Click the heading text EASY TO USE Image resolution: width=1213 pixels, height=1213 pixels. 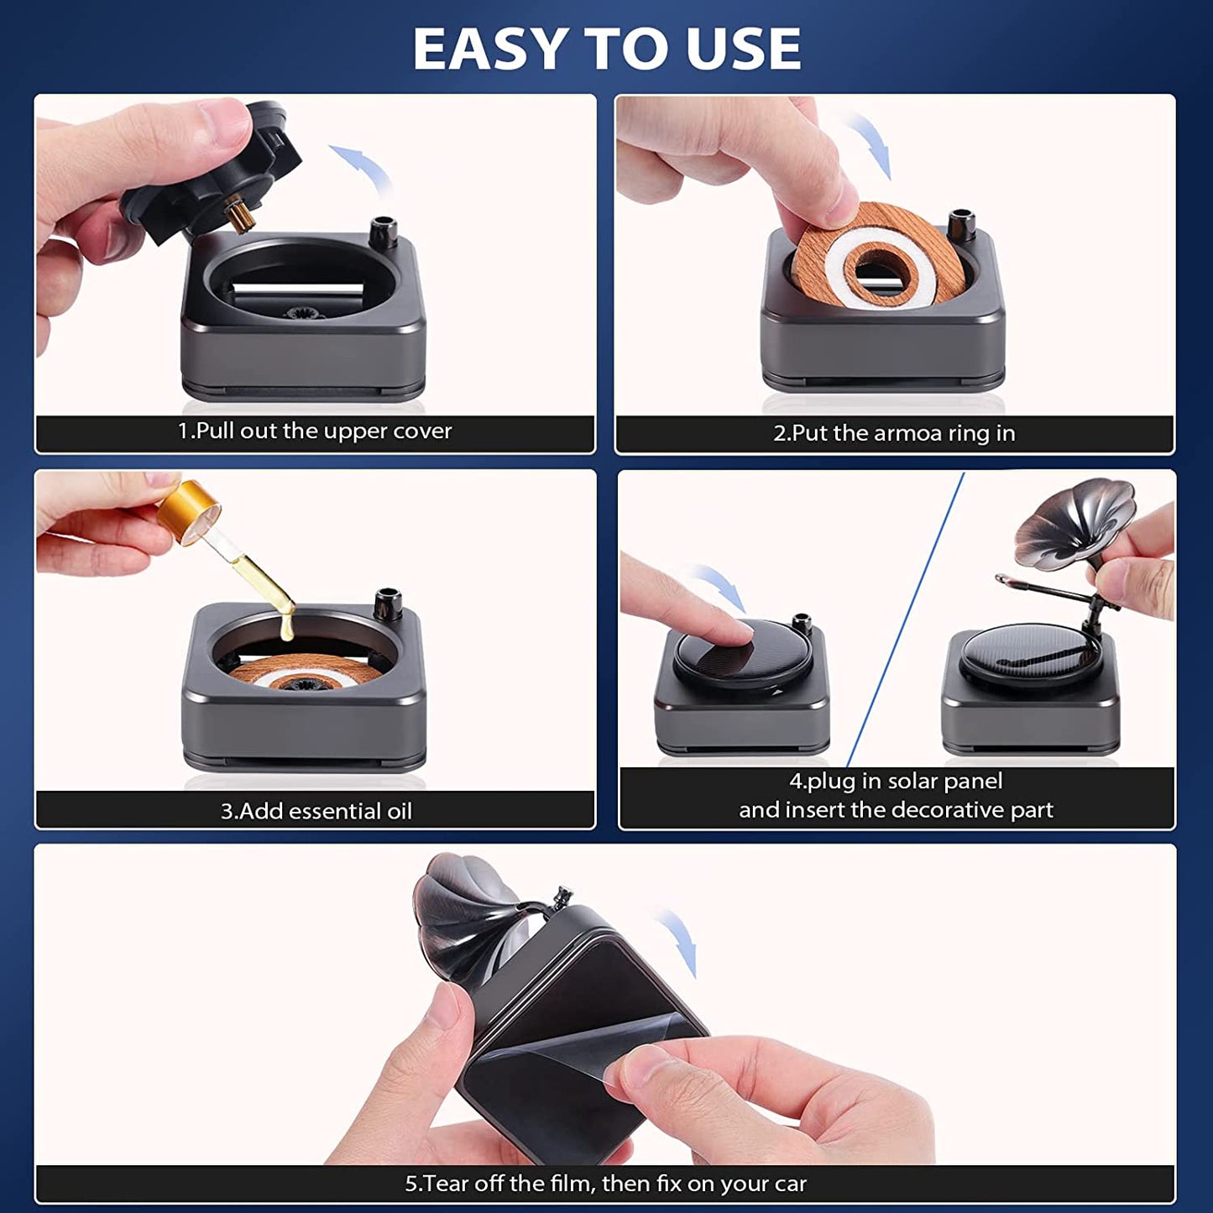(607, 49)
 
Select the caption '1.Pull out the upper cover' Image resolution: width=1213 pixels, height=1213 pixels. (315, 431)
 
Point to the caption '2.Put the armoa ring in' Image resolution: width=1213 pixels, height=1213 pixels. (894, 433)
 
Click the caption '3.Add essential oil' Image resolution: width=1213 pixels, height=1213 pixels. (316, 811)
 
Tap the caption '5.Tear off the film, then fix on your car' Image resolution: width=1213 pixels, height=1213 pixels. (605, 1184)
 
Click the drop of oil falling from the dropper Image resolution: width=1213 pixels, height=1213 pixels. (287, 625)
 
